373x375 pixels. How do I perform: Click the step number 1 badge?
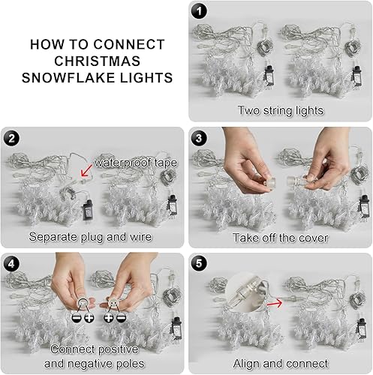point(199,11)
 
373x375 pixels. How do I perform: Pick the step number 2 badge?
point(12,137)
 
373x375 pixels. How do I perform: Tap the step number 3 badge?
point(198,137)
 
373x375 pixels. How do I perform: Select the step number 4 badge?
point(12,263)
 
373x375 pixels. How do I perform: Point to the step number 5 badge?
point(198,263)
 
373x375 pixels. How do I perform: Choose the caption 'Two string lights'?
point(280,110)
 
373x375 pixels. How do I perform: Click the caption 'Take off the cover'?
point(280,236)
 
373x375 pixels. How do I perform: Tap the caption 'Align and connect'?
point(280,363)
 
